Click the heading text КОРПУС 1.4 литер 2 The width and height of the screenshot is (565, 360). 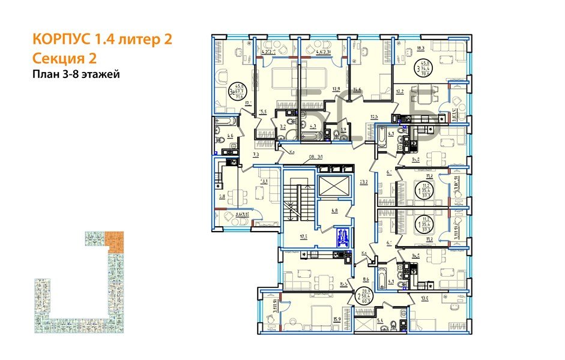tap(102, 40)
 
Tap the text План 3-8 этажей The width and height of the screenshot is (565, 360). tap(76, 74)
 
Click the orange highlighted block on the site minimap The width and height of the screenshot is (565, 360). tap(114, 240)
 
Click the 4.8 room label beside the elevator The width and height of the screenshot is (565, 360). tap(334, 211)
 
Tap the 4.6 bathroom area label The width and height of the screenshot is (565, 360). tap(230, 136)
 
